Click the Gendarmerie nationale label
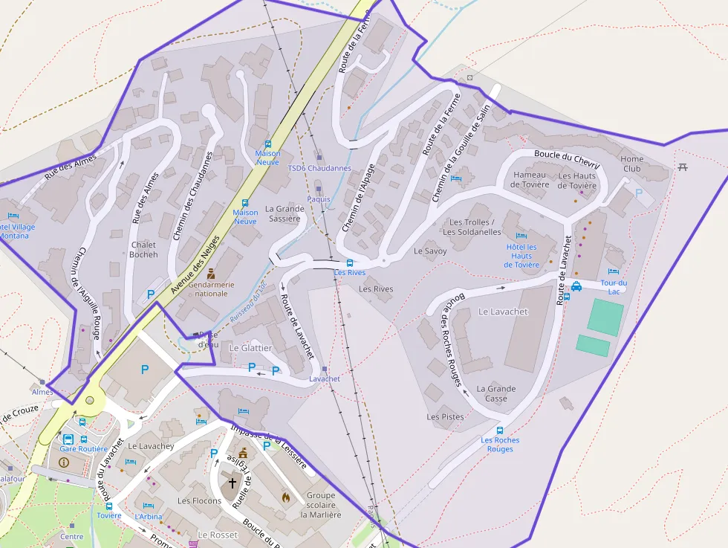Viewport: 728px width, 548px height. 211,288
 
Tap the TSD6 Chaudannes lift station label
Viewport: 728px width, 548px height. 319,168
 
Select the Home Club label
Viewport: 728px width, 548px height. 632,164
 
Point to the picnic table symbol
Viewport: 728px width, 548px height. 683,166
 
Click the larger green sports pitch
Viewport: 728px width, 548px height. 605,317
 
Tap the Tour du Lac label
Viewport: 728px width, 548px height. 614,286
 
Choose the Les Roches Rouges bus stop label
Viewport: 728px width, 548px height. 500,444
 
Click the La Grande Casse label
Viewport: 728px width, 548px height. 496,393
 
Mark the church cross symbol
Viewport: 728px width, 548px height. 233,483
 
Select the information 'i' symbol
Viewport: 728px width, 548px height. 63,462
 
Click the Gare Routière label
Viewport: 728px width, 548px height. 83,448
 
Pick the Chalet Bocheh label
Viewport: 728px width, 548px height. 144,249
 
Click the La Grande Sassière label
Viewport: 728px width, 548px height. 285,213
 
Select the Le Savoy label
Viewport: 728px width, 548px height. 431,251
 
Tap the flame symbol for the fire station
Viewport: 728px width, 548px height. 285,496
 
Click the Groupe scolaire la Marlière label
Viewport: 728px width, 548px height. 321,505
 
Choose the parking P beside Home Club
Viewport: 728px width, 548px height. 639,193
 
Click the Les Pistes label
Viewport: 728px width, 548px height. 445,417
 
